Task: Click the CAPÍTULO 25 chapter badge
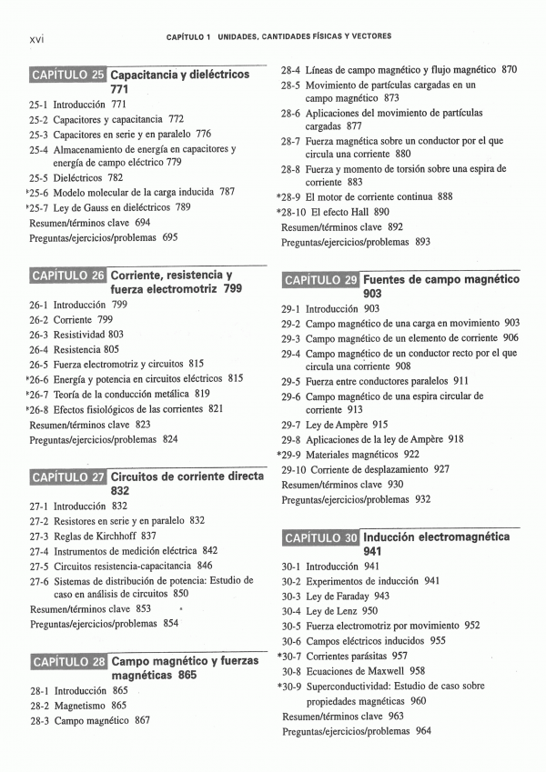[x=68, y=75]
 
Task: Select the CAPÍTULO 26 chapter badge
[x=68, y=275]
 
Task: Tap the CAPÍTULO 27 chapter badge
[x=68, y=476]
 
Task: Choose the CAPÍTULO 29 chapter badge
[x=321, y=279]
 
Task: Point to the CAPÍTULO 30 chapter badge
[x=321, y=537]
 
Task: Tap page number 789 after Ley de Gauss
[x=183, y=206]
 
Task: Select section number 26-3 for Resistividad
[x=37, y=334]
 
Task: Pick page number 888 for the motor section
[x=445, y=196]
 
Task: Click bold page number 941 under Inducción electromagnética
[x=372, y=551]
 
